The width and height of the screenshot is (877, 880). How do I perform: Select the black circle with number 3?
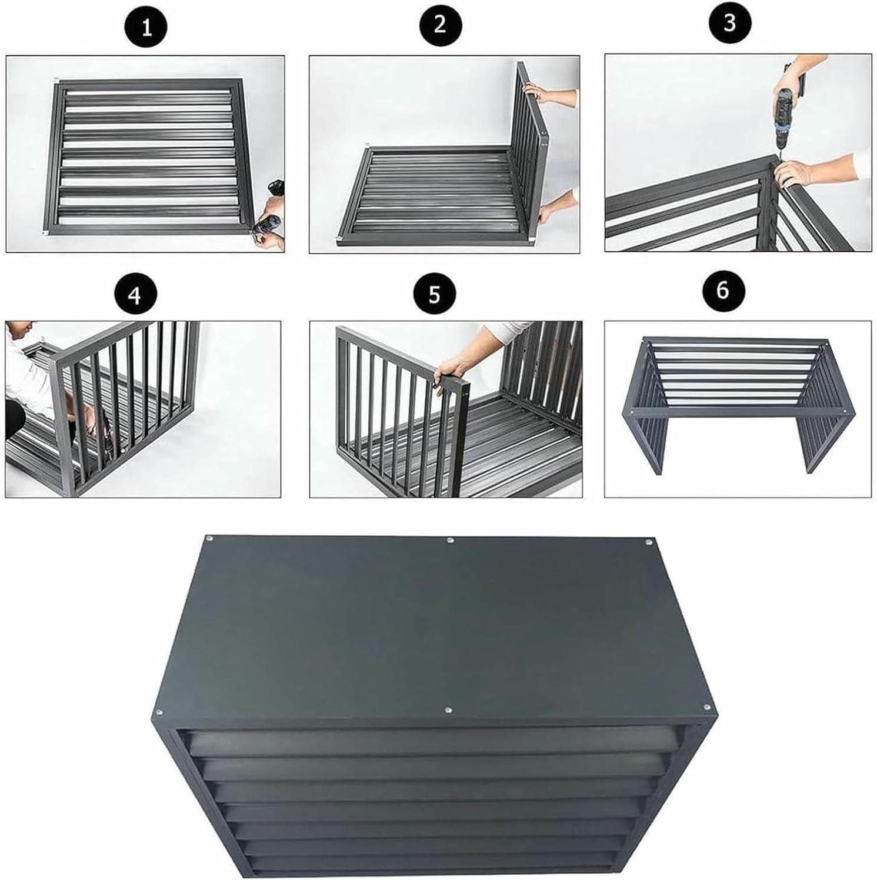[729, 24]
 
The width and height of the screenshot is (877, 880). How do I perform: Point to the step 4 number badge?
[135, 295]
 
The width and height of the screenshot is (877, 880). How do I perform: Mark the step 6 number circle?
[723, 290]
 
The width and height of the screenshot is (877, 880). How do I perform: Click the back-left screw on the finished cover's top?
[209, 538]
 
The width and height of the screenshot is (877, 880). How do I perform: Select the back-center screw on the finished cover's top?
[450, 540]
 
